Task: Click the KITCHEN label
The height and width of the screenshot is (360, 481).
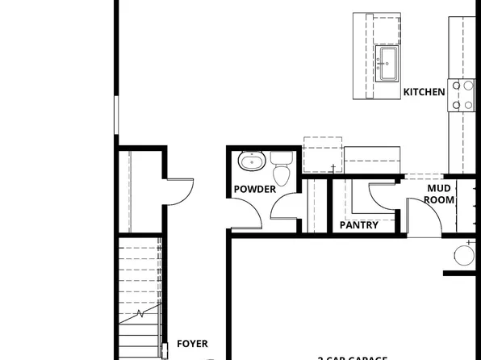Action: tap(424, 92)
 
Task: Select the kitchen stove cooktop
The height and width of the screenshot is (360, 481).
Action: tap(462, 94)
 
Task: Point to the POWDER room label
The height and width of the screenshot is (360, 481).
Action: tap(254, 190)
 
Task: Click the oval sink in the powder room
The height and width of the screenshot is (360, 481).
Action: tap(253, 162)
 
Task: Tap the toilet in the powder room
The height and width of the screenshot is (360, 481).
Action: tap(282, 170)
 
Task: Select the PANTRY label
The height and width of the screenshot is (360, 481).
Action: tap(359, 225)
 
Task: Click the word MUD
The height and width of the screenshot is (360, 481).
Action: tap(439, 189)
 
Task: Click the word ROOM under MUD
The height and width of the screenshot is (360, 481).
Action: tap(439, 199)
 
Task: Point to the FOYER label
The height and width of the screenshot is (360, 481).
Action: tap(192, 344)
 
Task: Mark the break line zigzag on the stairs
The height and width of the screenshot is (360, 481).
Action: tap(140, 312)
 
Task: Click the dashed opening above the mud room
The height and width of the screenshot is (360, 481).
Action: tap(424, 175)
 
